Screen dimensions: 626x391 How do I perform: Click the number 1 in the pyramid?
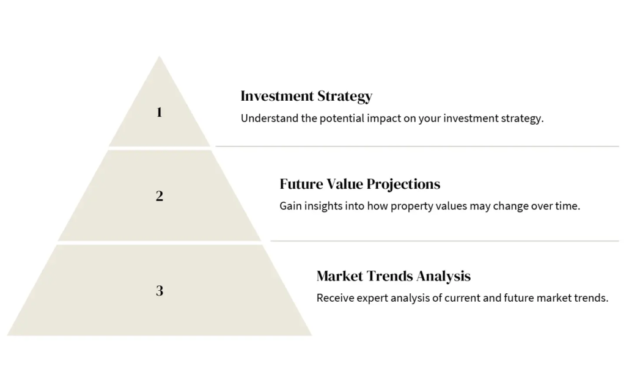[x=160, y=112]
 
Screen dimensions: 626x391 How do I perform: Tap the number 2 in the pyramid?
[x=160, y=196]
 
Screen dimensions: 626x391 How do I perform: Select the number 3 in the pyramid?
[x=160, y=290]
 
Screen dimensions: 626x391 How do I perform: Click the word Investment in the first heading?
[x=277, y=96]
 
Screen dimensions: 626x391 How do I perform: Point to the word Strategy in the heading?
[x=345, y=97]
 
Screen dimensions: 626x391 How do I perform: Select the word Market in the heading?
[x=339, y=276]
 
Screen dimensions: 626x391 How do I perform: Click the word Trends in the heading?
[x=389, y=276]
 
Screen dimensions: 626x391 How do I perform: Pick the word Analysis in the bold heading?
[x=443, y=277]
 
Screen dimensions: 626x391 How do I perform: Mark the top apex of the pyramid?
[x=160, y=56]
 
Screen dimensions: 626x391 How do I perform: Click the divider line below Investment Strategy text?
[x=417, y=147]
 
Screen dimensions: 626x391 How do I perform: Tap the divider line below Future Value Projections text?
[x=445, y=241]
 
